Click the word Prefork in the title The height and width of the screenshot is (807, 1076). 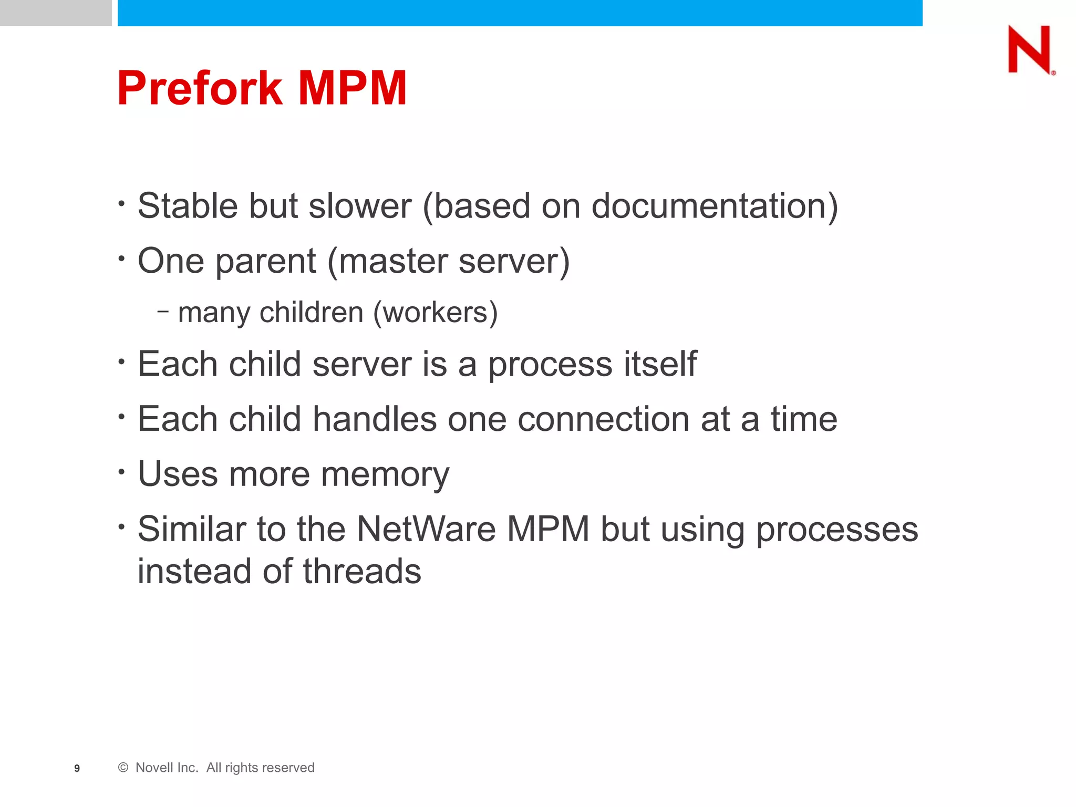pos(200,88)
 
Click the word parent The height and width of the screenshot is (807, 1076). pos(266,261)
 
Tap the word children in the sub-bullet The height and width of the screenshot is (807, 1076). pos(312,312)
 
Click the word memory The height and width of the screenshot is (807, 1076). pos(385,474)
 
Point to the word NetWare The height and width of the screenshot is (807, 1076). pos(426,529)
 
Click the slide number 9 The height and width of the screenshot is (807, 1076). pos(77,769)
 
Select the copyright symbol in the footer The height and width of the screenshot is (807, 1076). pos(123,768)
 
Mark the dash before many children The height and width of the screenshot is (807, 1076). pos(163,312)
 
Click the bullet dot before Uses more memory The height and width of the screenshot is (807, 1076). pos(121,471)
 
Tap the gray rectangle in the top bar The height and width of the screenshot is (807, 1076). pos(56,13)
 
